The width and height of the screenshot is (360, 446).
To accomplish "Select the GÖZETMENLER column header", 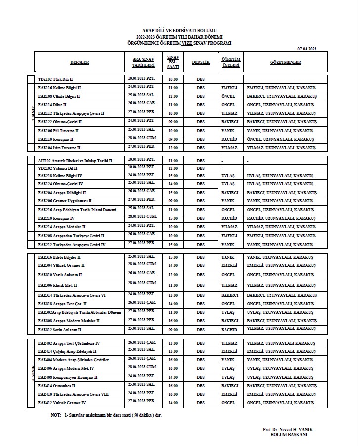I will (285, 63).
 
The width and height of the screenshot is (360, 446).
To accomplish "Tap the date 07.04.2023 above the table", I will (307, 48).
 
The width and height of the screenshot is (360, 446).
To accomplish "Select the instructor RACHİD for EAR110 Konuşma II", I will (230, 139).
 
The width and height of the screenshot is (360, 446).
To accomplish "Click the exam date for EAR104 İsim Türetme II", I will (141, 147).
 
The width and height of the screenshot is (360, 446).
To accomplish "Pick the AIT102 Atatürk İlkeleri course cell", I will (75, 161).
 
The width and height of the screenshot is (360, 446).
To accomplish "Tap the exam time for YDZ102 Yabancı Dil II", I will (173, 168).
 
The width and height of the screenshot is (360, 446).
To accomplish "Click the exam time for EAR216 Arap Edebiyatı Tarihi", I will (173, 209).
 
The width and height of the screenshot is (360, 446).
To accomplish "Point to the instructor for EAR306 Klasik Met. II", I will (230, 285).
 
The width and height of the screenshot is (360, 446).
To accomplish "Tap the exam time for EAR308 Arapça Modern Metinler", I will (173, 321).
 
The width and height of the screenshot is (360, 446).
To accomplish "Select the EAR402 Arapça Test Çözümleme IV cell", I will (69, 343).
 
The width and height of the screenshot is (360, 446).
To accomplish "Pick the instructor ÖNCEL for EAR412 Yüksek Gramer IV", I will (230, 403).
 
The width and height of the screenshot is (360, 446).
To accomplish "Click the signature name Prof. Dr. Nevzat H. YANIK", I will (286, 429).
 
